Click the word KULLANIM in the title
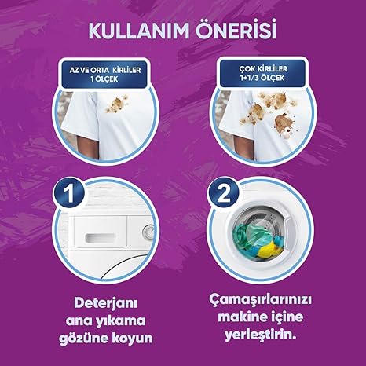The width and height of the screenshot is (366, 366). click(x=139, y=31)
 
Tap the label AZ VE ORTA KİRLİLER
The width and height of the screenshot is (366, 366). click(x=105, y=70)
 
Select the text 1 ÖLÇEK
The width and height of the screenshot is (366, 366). click(x=104, y=79)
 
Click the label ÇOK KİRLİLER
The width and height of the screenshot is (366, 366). click(x=263, y=69)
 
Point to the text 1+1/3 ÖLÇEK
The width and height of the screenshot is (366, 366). click(x=262, y=78)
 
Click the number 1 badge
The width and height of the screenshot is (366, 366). click(x=69, y=193)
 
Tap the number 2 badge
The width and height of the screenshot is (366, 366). click(x=224, y=193)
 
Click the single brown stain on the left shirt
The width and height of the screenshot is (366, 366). click(x=117, y=104)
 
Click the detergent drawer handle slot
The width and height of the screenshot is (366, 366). click(x=100, y=237)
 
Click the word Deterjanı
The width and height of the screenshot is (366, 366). click(x=105, y=304)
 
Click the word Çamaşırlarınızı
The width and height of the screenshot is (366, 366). click(x=261, y=300)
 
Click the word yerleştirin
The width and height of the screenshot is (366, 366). click(x=261, y=335)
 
